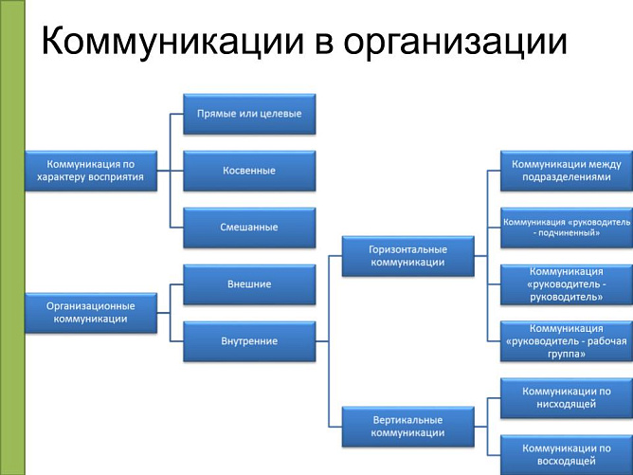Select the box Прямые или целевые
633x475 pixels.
click(x=249, y=114)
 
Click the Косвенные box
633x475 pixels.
click(x=249, y=171)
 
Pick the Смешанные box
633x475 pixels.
click(x=249, y=228)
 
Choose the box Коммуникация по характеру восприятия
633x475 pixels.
click(x=90, y=171)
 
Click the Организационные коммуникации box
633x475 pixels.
click(x=90, y=313)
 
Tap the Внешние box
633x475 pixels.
click(x=249, y=284)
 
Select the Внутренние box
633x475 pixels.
click(x=249, y=341)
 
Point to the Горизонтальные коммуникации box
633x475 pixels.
click(x=407, y=256)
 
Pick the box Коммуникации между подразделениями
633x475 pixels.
click(x=567, y=171)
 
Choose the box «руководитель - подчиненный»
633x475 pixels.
click(x=567, y=228)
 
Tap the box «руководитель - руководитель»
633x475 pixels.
click(x=567, y=284)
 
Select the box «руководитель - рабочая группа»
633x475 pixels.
click(x=567, y=341)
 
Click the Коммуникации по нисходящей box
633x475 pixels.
click(x=567, y=397)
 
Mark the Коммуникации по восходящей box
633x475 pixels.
click(x=567, y=454)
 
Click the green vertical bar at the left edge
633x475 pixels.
click(x=12, y=237)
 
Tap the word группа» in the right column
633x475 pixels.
click(x=566, y=354)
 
